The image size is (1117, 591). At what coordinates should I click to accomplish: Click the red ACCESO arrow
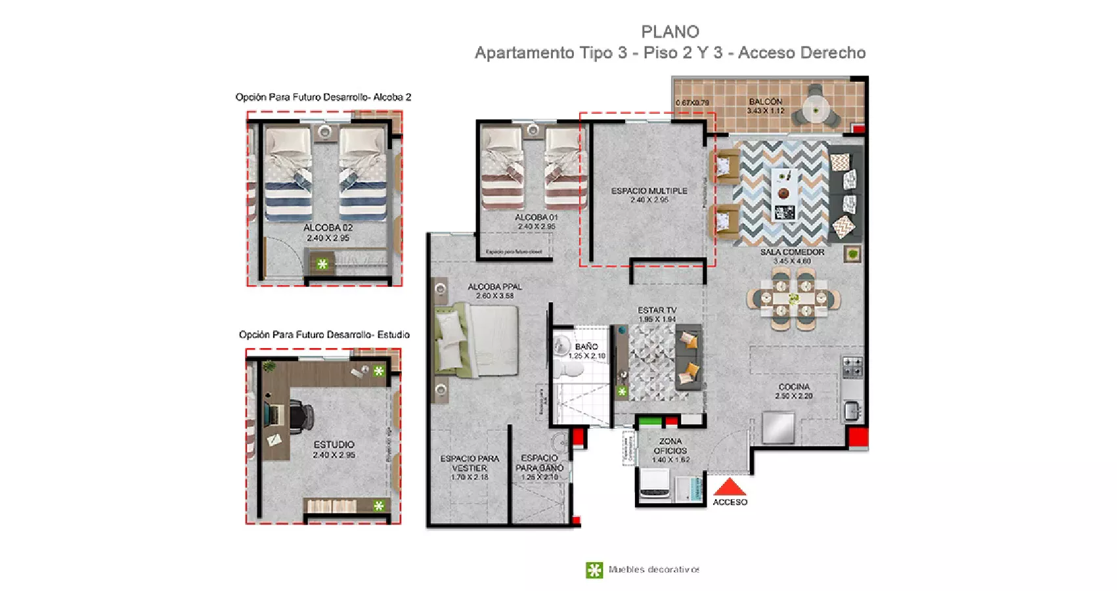(730, 487)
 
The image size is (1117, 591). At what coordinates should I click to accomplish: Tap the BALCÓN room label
(765, 102)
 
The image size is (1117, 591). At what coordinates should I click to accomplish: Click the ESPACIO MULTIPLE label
(649, 191)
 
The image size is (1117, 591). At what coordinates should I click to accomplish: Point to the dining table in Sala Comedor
(793, 299)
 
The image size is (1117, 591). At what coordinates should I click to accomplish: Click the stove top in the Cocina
(852, 367)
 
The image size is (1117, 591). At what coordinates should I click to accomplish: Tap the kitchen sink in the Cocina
(852, 411)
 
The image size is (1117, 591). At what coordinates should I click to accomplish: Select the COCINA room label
(794, 387)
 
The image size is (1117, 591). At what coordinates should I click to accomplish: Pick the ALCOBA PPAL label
(494, 287)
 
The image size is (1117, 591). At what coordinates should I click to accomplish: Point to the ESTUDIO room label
(334, 445)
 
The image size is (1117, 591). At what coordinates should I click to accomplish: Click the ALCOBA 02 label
(328, 228)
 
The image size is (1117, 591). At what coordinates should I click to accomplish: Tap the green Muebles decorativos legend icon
(594, 570)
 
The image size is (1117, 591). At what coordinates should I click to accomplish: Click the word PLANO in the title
(670, 32)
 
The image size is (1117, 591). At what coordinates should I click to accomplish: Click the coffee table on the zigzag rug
(784, 194)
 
